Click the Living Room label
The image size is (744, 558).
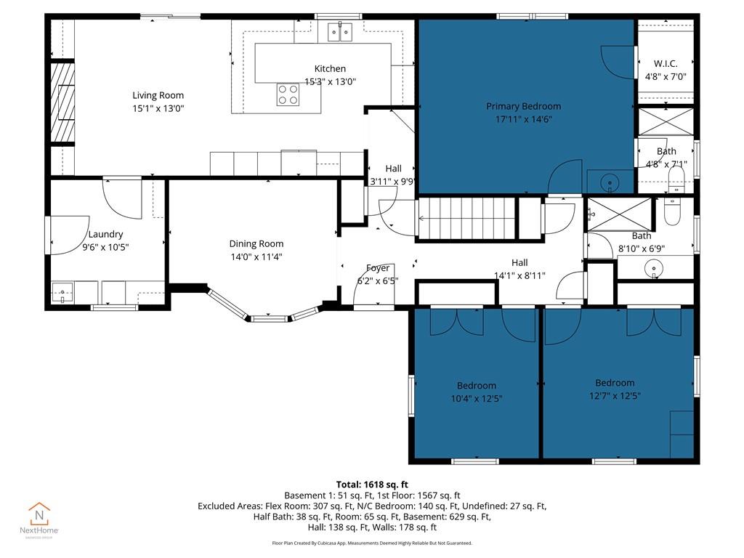coord(158,95)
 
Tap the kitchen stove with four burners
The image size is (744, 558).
coord(288,94)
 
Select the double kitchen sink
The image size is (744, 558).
coord(339,31)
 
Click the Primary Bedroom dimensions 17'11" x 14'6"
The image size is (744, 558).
coord(523,119)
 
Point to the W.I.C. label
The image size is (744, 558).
coord(666,64)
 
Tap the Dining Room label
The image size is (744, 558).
coord(256,244)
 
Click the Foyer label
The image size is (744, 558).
coord(377,268)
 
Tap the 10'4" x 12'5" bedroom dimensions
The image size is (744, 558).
coord(476,398)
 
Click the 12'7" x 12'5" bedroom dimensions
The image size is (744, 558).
coord(615,395)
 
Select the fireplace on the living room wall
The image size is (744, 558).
coord(62,102)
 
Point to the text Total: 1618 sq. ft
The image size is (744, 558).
coord(371,484)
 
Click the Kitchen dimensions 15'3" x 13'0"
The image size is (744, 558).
coord(330,81)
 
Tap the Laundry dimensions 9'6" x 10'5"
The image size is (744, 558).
coord(105,247)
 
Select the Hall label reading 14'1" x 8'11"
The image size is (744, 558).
coord(519,275)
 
